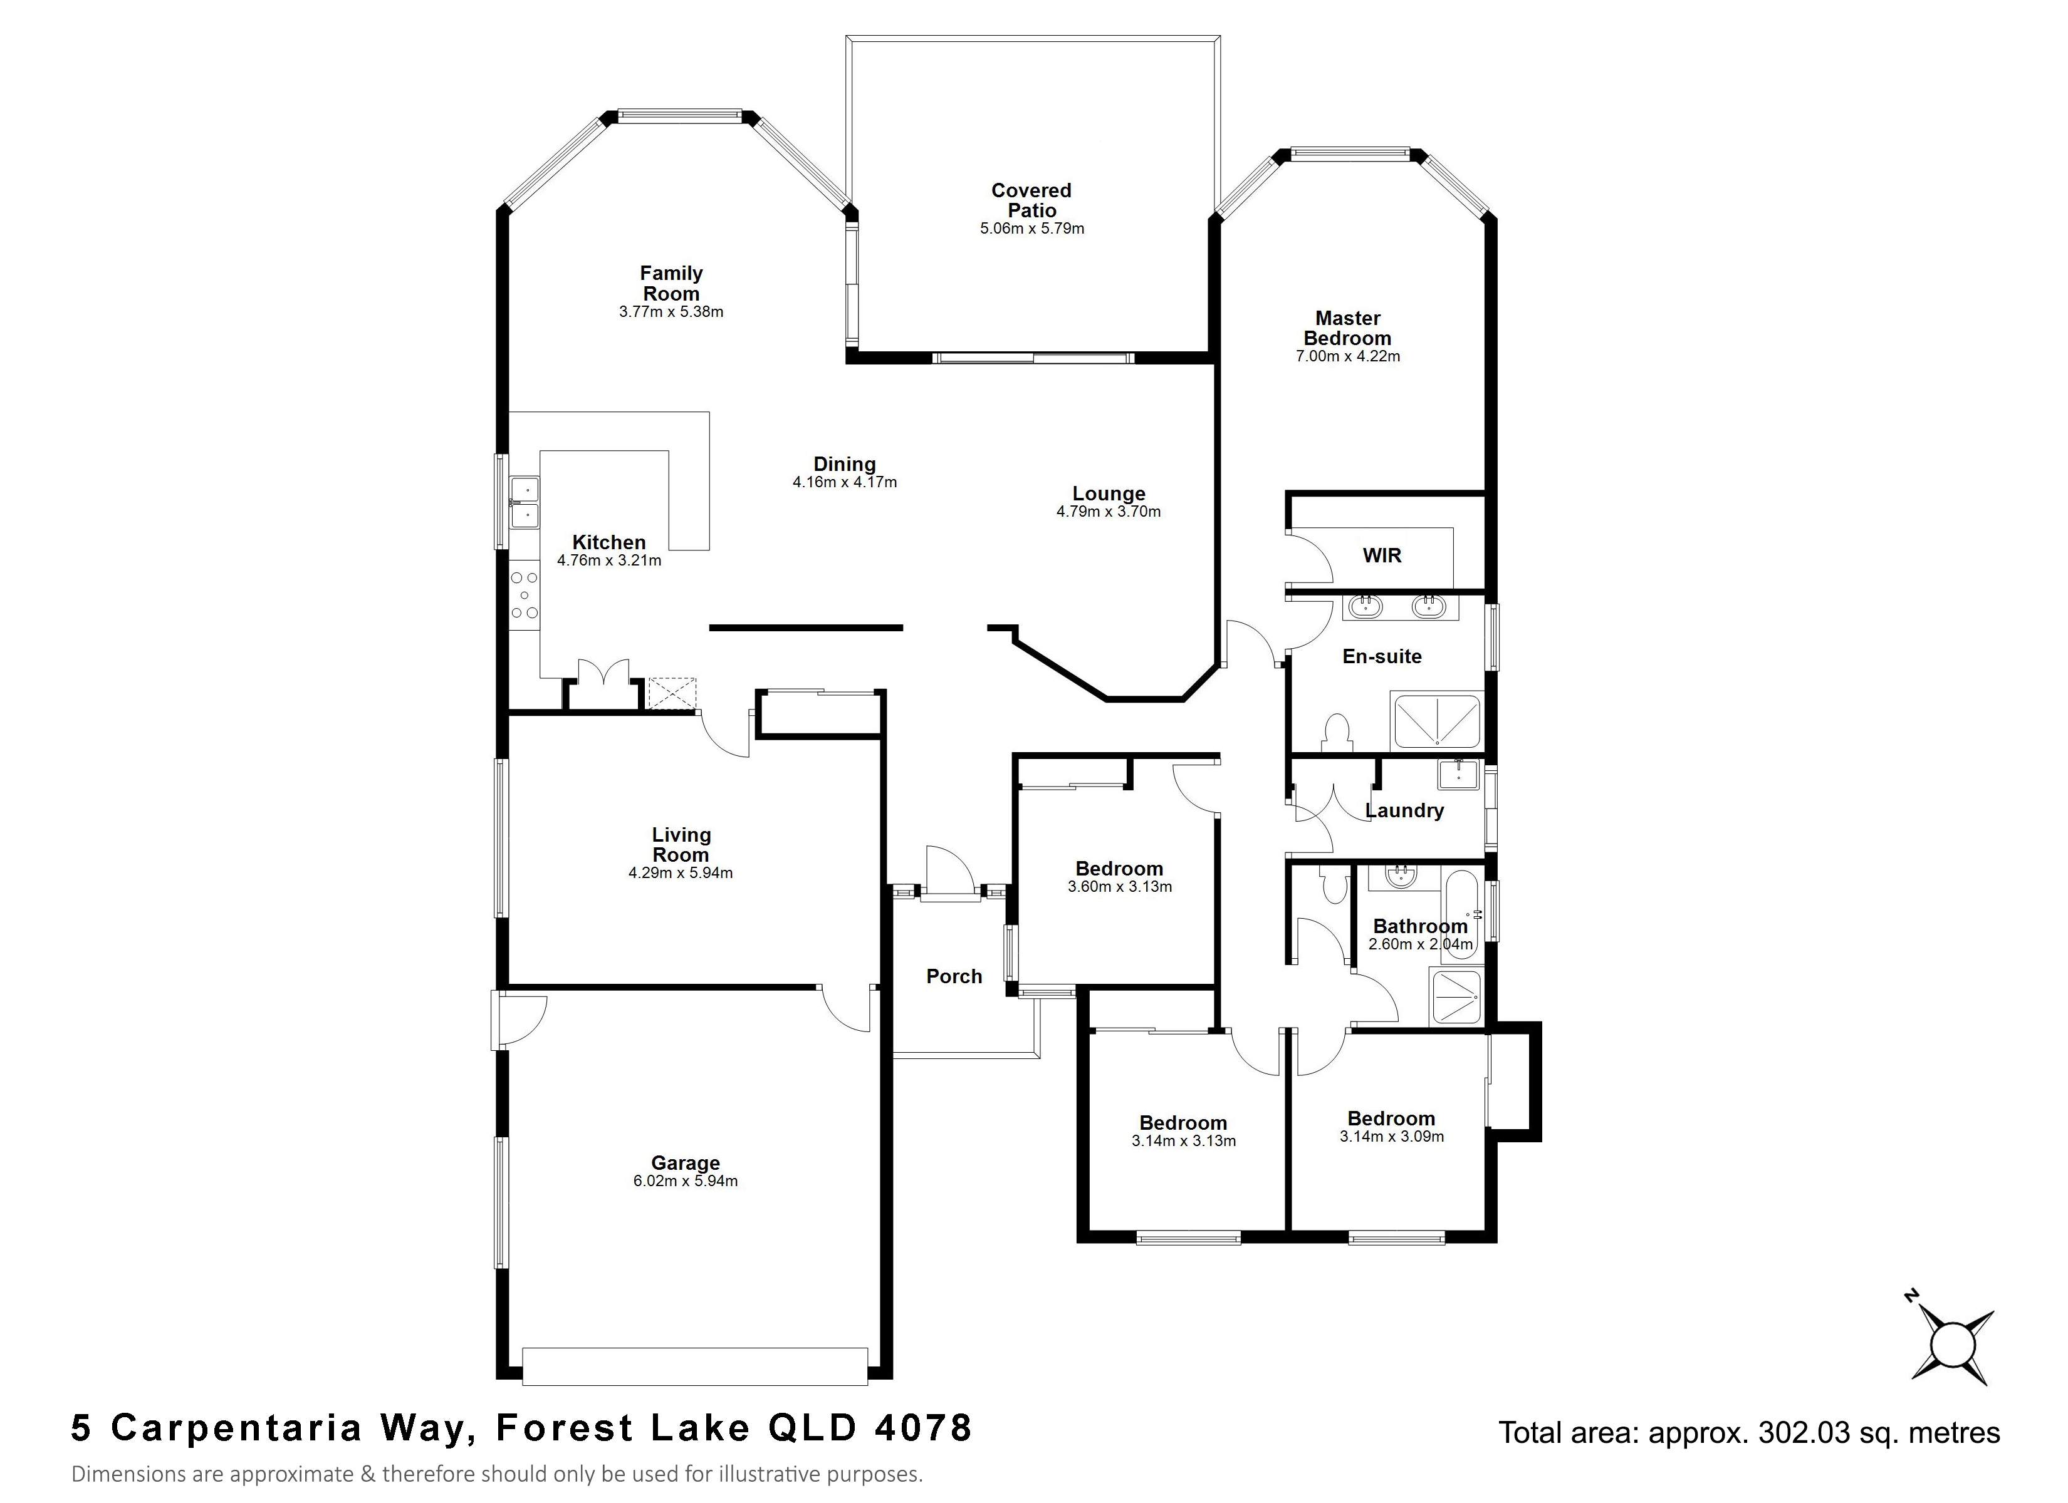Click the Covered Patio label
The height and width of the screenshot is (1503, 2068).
(x=1031, y=200)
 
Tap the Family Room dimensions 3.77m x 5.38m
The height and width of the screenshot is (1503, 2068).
(x=671, y=312)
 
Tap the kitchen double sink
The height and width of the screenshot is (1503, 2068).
(x=525, y=502)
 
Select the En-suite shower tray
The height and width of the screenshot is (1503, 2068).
(x=1436, y=721)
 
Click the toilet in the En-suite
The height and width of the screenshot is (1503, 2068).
(x=1337, y=732)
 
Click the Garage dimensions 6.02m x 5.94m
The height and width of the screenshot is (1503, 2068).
(x=686, y=1181)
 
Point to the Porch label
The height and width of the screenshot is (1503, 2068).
(x=954, y=976)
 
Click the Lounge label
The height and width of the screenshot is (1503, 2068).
(x=1109, y=494)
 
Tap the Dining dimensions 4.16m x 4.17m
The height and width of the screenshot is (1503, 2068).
(x=844, y=482)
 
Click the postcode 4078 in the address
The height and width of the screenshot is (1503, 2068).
(x=922, y=1428)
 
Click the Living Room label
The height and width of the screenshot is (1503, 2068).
(x=681, y=845)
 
